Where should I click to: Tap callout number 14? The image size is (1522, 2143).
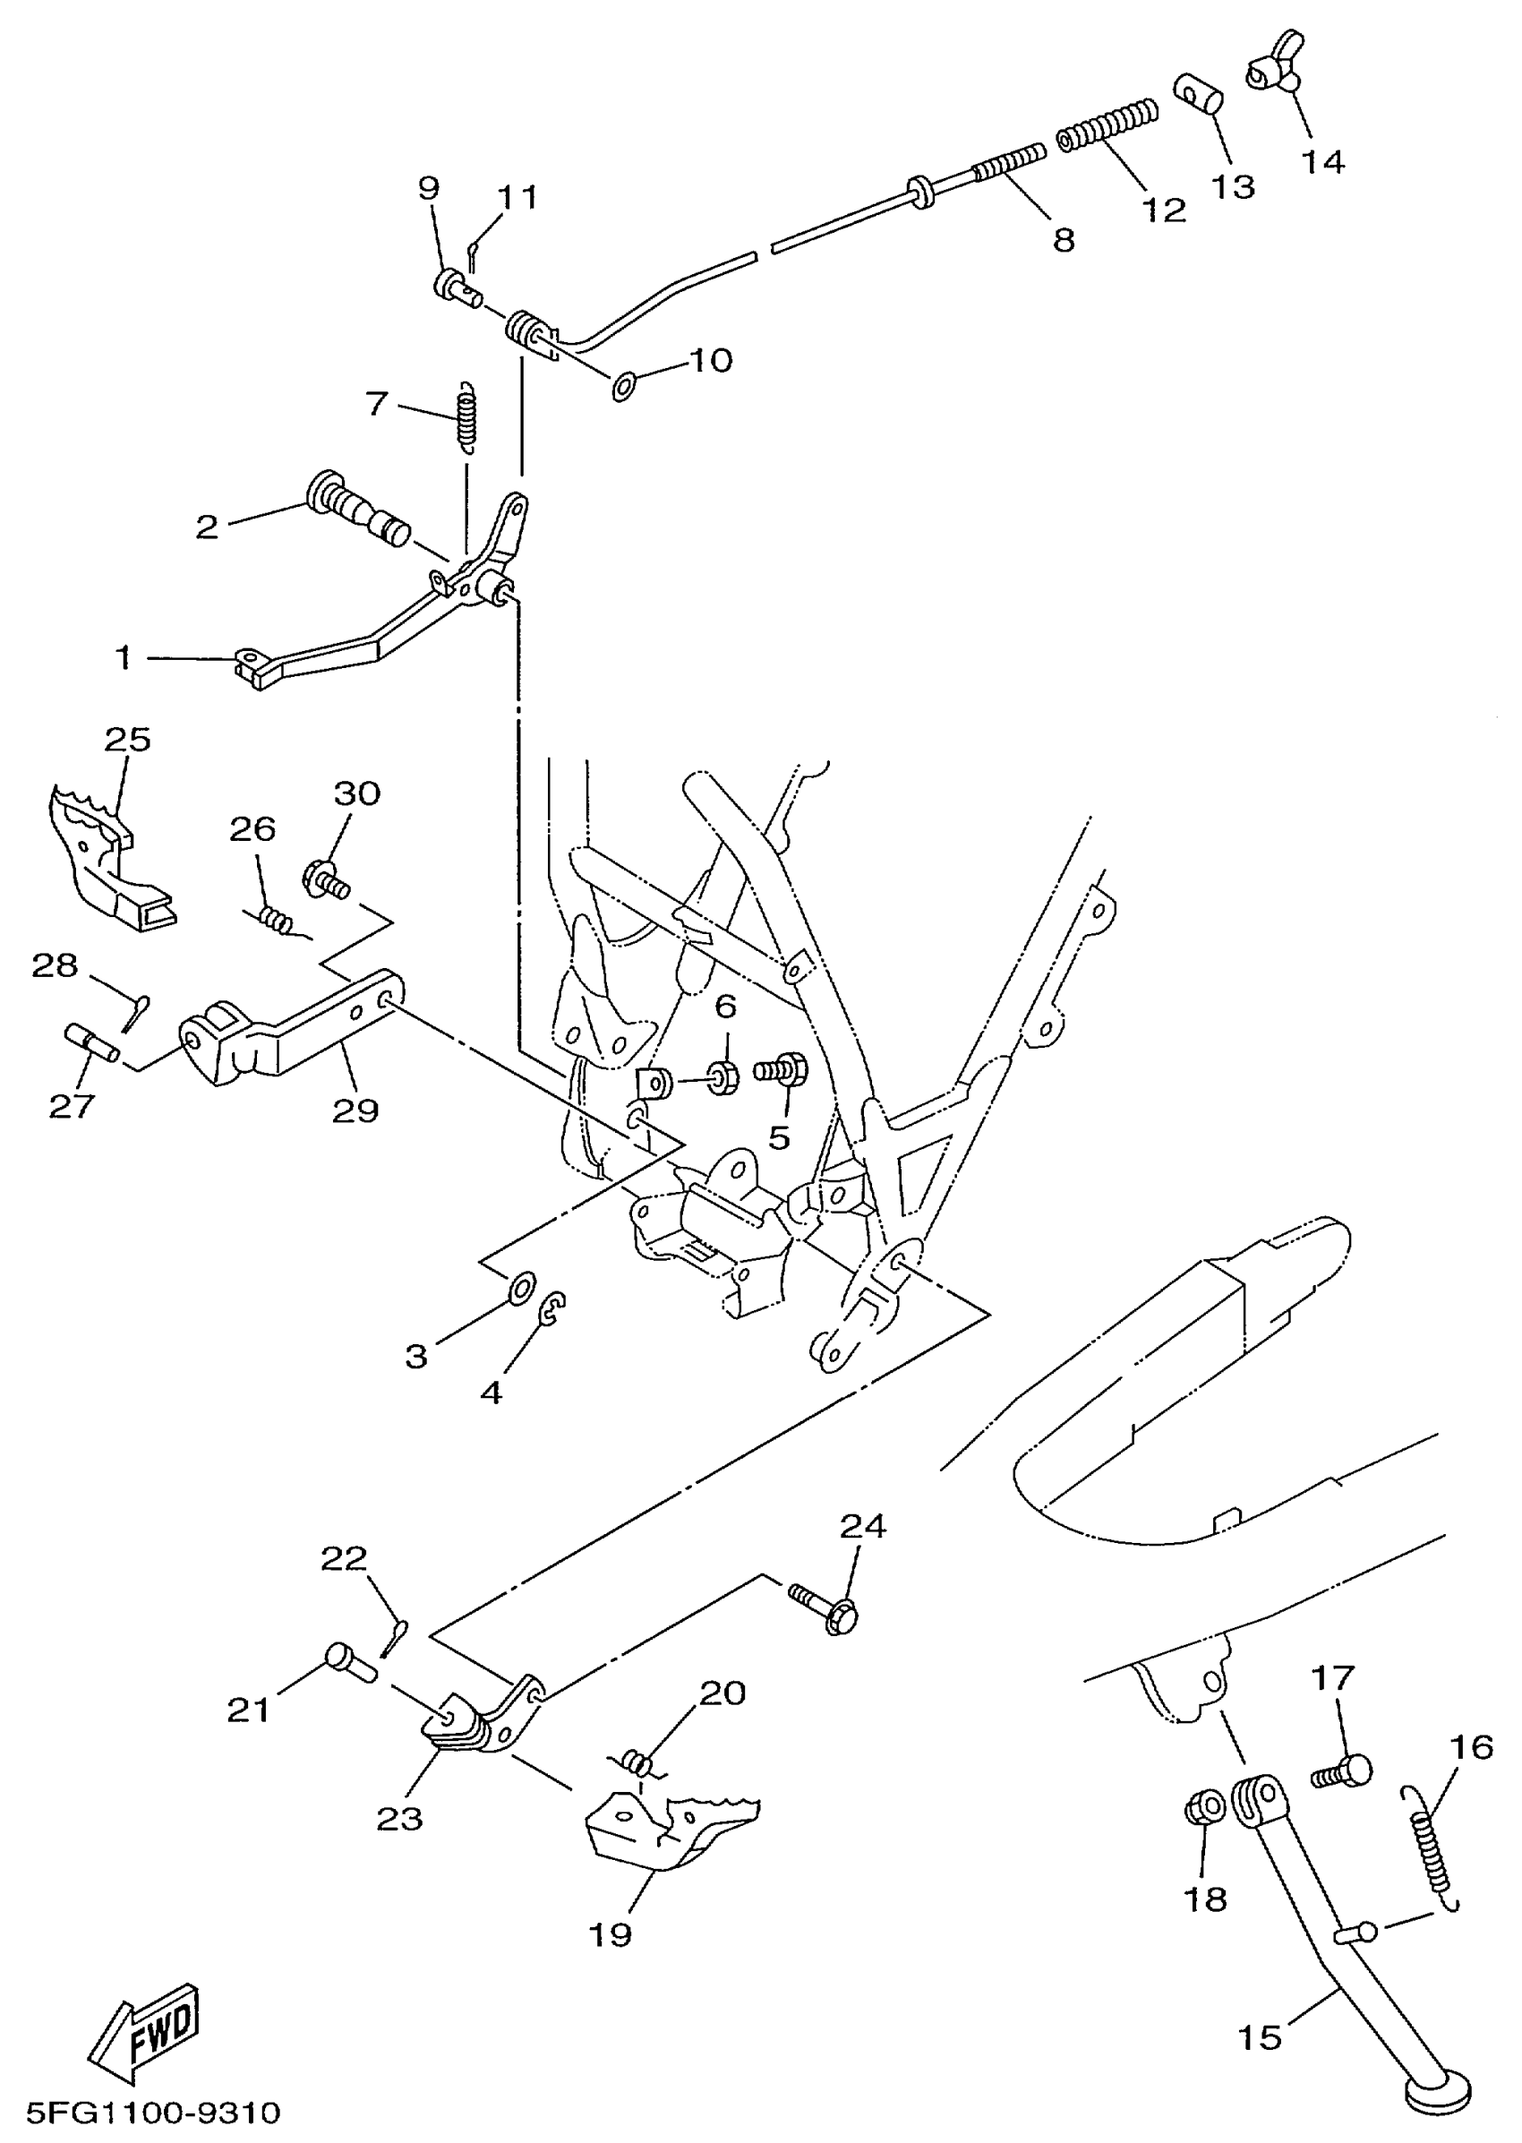[x=1322, y=162]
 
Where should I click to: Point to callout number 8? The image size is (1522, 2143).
[x=1063, y=240]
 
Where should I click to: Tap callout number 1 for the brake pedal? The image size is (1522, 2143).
[x=123, y=658]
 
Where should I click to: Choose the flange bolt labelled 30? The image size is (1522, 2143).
[x=323, y=879]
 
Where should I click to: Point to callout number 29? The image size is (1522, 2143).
[x=355, y=1110]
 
